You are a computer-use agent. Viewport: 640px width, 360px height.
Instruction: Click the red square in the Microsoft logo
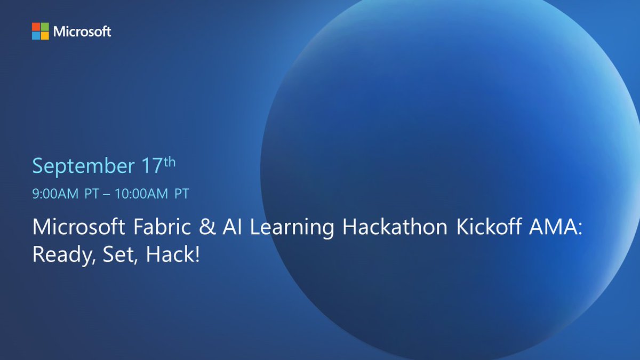pyautogui.click(x=36, y=27)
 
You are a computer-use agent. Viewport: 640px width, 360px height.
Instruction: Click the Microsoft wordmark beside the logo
pyautogui.click(x=82, y=31)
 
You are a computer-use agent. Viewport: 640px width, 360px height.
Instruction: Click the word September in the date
pyautogui.click(x=82, y=166)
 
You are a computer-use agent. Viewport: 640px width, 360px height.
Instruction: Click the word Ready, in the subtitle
pyautogui.click(x=61, y=254)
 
